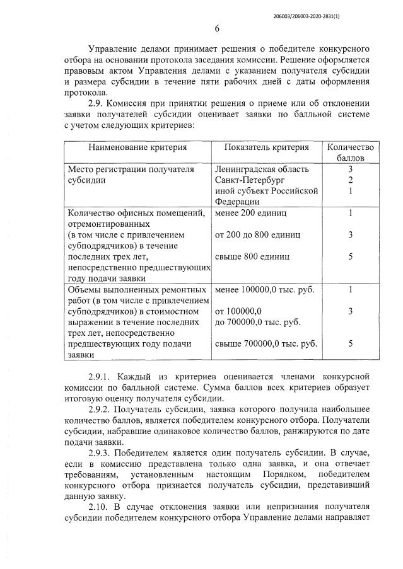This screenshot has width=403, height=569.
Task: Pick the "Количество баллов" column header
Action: click(350, 152)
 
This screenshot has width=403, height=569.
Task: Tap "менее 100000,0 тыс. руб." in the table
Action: click(264, 289)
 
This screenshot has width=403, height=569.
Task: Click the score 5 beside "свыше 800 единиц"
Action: click(350, 257)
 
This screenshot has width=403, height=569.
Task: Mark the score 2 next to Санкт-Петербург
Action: click(350, 180)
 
